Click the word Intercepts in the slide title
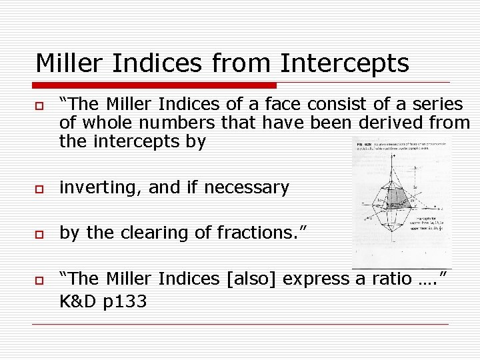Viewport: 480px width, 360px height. point(345,63)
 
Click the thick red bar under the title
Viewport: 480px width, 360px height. point(155,85)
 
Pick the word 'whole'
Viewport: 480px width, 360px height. point(108,123)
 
